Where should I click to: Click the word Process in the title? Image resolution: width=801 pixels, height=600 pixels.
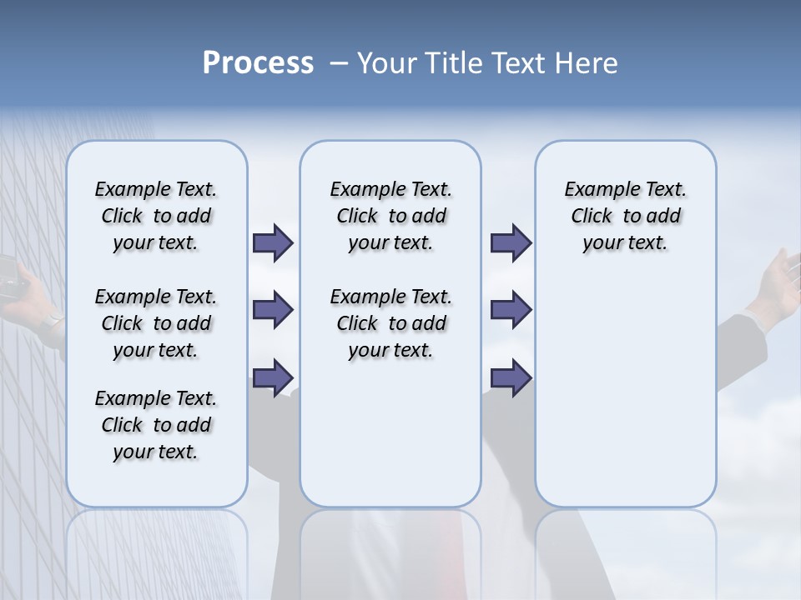[258, 63]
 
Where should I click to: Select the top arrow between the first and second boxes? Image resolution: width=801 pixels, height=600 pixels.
[272, 243]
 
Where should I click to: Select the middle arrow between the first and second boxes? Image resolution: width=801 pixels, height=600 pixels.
[272, 310]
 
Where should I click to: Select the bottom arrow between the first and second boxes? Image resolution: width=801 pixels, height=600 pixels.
[272, 377]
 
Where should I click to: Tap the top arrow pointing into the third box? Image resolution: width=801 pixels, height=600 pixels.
[511, 243]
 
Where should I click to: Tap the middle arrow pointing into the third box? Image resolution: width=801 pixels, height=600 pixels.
[511, 310]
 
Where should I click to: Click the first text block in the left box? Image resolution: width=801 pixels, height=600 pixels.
[156, 216]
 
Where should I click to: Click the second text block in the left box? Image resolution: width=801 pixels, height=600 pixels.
[156, 323]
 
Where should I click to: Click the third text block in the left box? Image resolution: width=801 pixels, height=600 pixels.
[156, 425]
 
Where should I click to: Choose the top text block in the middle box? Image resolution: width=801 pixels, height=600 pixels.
[390, 216]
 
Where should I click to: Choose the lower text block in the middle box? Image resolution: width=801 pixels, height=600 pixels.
[390, 323]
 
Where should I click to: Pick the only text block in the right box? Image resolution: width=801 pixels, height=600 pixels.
[625, 216]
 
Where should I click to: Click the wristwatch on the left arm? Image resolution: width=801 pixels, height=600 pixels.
[53, 322]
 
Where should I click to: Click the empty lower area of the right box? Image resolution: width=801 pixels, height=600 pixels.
[625, 400]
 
